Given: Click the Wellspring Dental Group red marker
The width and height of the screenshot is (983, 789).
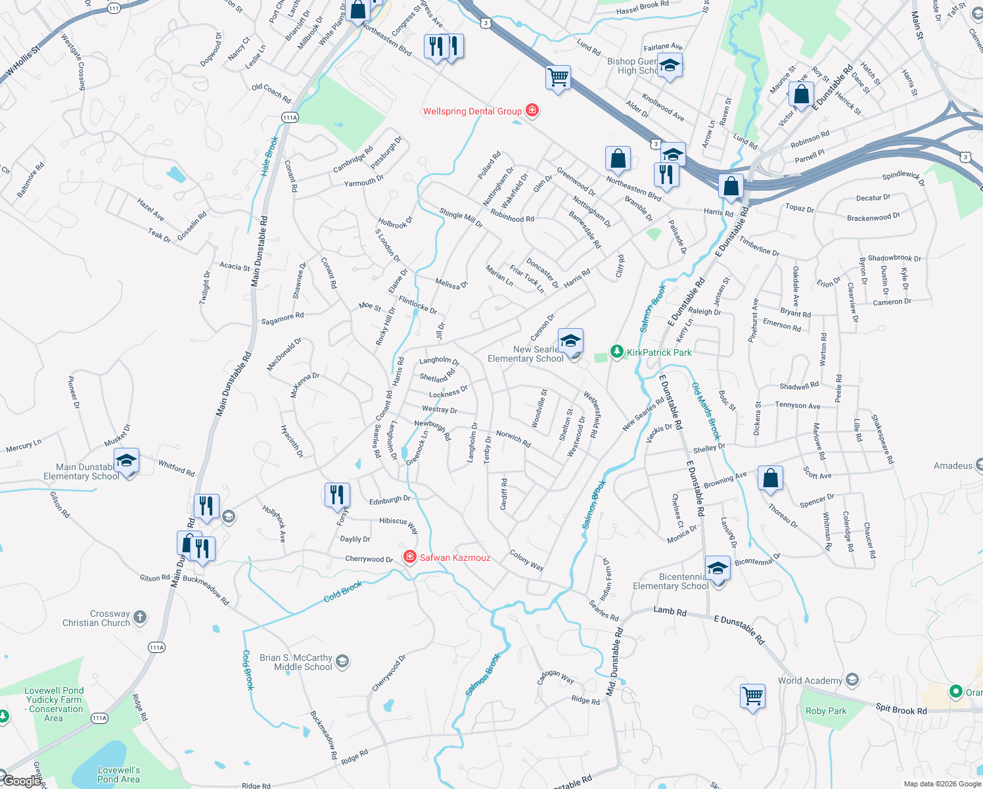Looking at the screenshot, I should click(532, 110).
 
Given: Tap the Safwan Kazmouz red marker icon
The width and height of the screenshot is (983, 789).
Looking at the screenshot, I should click(410, 558).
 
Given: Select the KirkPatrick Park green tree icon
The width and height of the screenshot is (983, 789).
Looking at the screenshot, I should click(616, 352).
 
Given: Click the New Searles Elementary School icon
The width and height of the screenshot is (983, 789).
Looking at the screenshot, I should click(570, 342).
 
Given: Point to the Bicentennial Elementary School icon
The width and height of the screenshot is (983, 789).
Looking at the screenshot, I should click(718, 568).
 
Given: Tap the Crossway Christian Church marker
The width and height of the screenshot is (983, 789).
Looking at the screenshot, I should click(139, 617).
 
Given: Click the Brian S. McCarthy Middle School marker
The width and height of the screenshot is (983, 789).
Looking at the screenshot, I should click(342, 661).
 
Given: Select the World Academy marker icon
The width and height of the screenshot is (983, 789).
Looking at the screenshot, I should click(852, 679).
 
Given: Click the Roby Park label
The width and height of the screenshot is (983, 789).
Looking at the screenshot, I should click(826, 711).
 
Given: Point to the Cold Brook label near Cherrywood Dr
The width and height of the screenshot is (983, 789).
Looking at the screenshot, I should click(342, 590).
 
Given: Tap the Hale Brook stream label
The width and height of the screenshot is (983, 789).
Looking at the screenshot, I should click(269, 156).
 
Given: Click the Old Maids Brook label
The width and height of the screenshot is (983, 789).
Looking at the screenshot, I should click(706, 411).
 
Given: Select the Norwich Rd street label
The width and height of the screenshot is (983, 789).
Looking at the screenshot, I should click(513, 439).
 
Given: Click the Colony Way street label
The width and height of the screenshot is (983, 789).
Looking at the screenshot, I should click(526, 560).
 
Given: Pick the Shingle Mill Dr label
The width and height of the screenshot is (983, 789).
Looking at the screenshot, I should click(461, 218).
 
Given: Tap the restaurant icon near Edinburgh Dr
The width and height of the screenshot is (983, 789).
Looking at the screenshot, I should click(336, 494).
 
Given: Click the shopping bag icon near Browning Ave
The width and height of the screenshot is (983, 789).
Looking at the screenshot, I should click(770, 478).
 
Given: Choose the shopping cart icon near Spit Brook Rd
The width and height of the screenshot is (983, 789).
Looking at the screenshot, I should click(752, 696).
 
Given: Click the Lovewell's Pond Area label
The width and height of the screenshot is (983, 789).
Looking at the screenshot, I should click(118, 775).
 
